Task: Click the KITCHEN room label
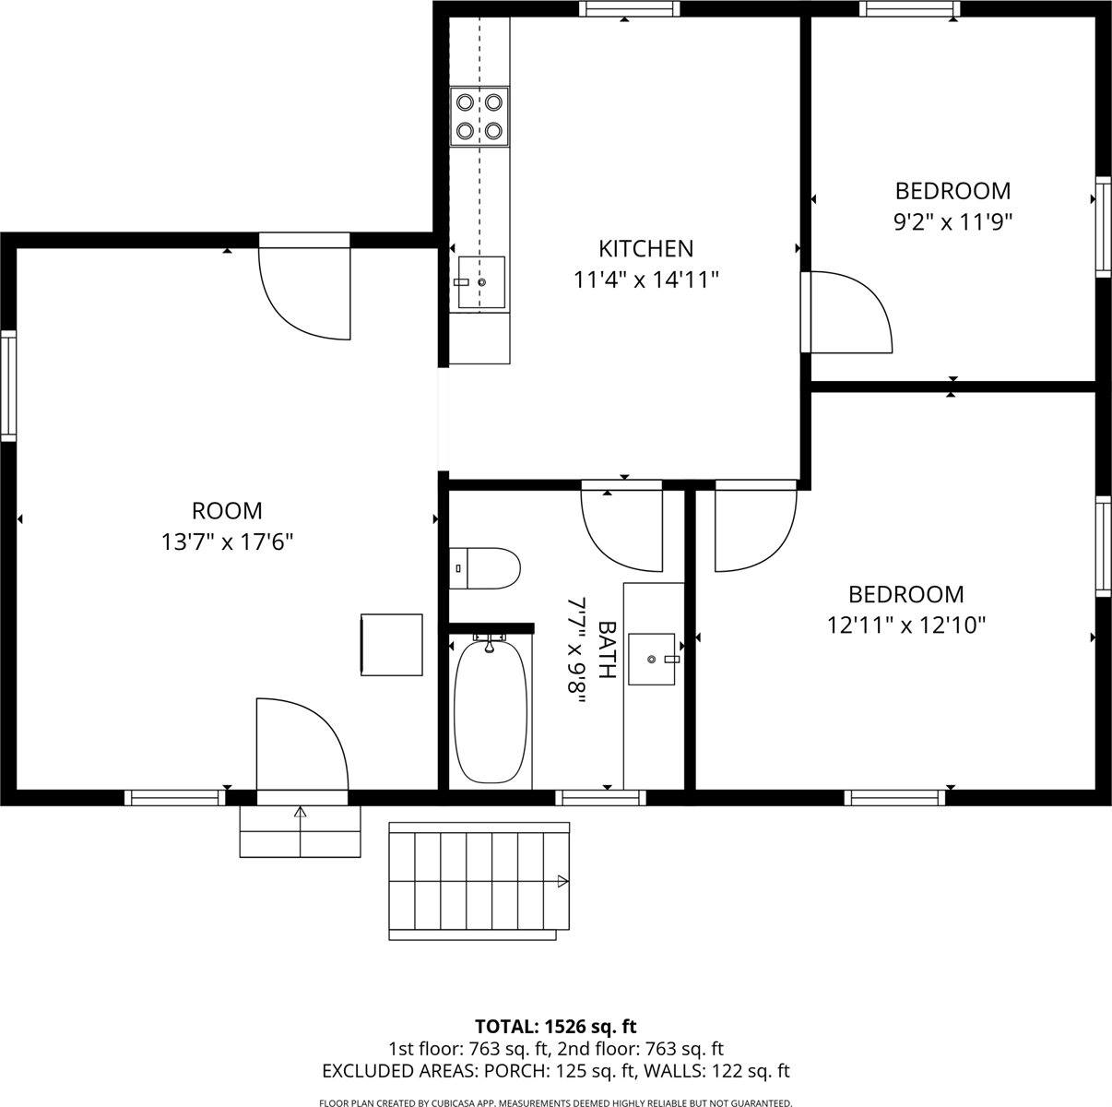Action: click(645, 248)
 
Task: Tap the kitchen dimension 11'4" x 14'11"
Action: click(645, 280)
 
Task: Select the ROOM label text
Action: click(227, 510)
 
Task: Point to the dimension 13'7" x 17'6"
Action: click(227, 542)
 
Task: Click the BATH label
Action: click(607, 650)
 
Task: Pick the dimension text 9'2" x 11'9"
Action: click(952, 221)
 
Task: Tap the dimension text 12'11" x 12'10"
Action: click(906, 625)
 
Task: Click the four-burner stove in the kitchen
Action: click(479, 117)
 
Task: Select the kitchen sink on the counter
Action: click(480, 282)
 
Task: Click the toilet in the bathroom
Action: click(485, 568)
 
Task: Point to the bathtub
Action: click(491, 710)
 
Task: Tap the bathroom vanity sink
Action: click(653, 660)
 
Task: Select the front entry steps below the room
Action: click(300, 831)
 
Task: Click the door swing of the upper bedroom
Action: click(848, 312)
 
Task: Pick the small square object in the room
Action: click(391, 644)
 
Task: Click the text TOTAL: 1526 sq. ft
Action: click(555, 1026)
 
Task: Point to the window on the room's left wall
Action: click(8, 385)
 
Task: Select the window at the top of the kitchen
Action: click(630, 9)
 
